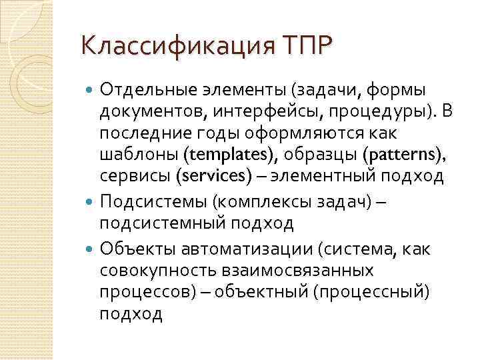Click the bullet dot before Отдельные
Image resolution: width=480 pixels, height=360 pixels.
coord(91,90)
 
